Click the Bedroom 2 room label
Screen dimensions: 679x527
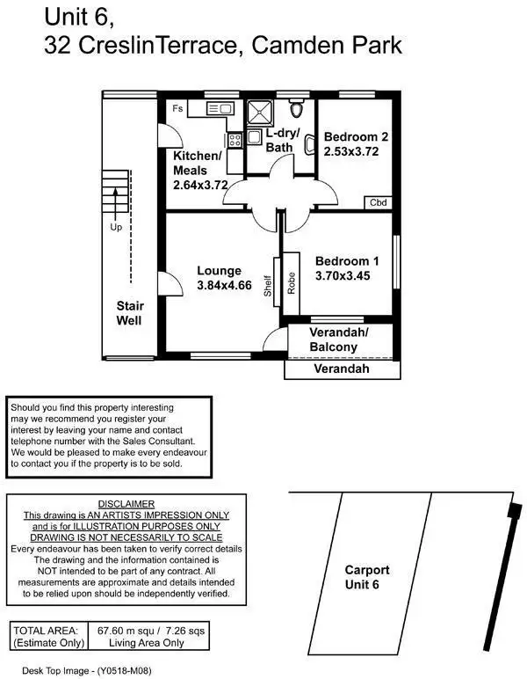356,137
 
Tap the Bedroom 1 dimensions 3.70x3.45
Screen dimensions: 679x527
348,276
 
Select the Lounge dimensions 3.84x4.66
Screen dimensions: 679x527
224,285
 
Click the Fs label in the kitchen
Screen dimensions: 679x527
177,109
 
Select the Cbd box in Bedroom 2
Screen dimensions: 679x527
378,202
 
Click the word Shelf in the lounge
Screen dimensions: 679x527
268,283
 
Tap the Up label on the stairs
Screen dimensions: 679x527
115,226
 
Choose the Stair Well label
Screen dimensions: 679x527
130,313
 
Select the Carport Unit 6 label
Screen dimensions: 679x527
366,577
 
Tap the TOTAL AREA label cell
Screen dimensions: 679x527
48,637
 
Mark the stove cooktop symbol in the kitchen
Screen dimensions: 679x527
234,139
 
